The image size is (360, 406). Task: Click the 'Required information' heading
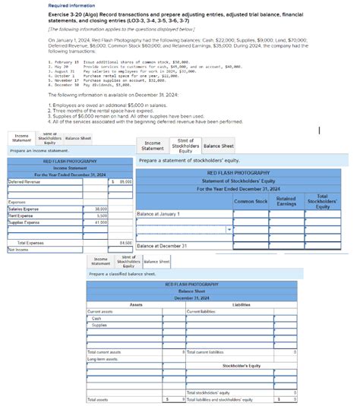(68, 5)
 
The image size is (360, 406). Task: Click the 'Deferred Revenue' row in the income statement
(26, 182)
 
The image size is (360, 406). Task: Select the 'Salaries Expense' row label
(25, 209)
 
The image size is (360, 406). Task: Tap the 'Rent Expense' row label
(22, 216)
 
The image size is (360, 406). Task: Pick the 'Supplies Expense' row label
(26, 222)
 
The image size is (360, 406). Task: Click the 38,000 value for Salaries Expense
(100, 209)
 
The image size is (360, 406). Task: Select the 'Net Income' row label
(19, 249)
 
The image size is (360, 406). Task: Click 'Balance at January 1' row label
(159, 214)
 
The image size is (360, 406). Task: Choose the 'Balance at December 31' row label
(162, 247)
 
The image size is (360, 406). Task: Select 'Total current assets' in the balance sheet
(105, 352)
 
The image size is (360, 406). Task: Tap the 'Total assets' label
(98, 398)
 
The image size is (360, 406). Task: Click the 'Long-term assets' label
(102, 359)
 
